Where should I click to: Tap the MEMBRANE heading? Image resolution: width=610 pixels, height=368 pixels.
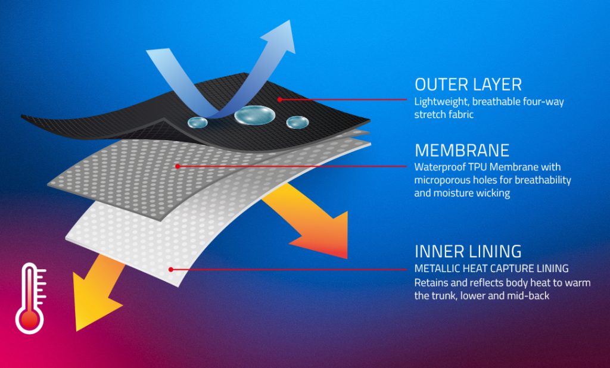point(462,149)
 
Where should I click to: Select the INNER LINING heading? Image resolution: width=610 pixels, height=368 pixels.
point(468,251)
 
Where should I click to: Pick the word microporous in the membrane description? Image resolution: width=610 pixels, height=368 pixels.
point(441,180)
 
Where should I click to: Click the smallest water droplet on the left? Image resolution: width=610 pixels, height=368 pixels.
point(197,122)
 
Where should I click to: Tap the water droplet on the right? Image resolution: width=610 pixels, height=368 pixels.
point(297,122)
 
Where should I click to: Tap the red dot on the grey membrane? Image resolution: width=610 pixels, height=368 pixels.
point(178,167)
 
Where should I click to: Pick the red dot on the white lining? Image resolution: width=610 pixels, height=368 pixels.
point(171,269)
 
